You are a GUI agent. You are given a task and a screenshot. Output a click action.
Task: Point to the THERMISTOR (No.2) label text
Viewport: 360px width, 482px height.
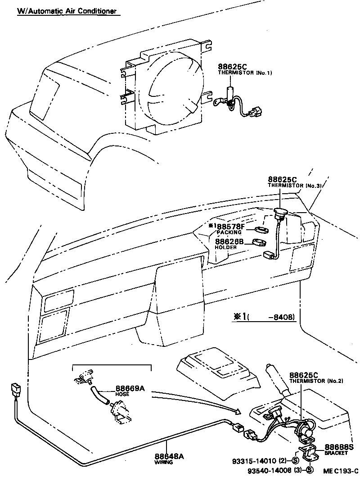click(x=316, y=381)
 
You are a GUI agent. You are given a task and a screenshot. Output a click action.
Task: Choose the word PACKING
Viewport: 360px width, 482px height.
click(x=229, y=232)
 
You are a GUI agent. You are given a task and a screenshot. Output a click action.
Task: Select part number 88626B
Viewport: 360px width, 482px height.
click(x=229, y=241)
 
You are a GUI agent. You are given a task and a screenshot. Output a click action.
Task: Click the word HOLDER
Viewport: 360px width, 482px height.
click(x=225, y=247)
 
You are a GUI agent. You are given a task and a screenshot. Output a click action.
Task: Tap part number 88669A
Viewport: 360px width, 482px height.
click(x=130, y=388)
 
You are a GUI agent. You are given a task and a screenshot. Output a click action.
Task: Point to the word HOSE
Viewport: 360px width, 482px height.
click(x=122, y=394)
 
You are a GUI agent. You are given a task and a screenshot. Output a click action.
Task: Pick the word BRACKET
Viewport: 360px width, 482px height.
click(x=336, y=453)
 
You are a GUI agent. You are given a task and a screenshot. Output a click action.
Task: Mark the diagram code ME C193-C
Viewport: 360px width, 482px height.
click(x=341, y=471)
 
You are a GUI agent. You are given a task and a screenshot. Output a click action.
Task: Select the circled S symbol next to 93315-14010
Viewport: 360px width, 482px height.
click(x=295, y=460)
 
